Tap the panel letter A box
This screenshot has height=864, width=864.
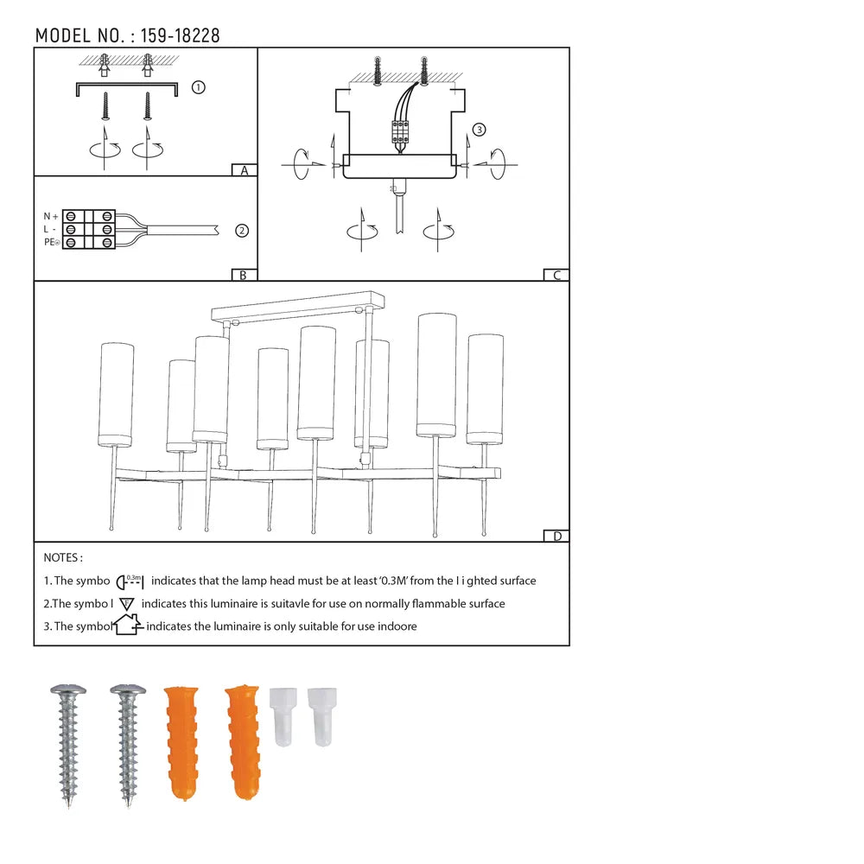pos(245,170)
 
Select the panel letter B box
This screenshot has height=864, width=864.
pos(245,275)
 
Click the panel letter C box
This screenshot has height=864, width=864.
pos(556,275)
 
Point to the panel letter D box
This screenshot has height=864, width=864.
pos(556,536)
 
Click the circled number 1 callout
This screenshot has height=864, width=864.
pos(198,87)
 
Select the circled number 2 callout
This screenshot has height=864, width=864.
pos(242,231)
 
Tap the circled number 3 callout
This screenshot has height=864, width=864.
pos(480,130)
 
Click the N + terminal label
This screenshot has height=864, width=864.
pos(52,216)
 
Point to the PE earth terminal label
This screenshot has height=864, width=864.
pos(52,244)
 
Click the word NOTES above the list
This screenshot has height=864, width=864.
pos(63,558)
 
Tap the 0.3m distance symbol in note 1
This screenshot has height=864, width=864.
pos(130,581)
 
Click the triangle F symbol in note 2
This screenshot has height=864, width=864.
pos(126,604)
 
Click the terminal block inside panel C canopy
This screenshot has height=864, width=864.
pos(399,130)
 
